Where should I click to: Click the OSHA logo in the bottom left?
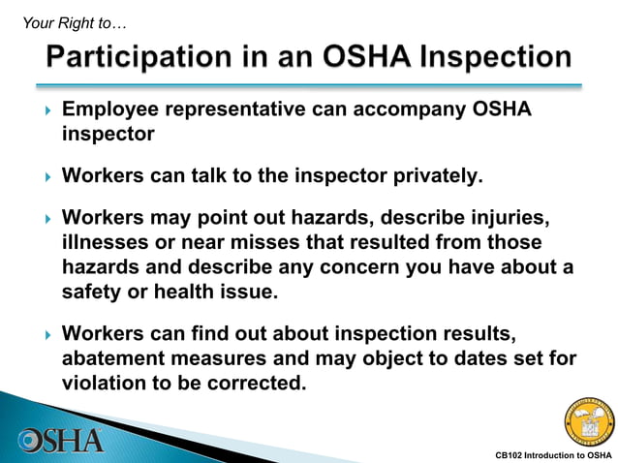(61, 439)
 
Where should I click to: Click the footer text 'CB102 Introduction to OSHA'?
(553, 454)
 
